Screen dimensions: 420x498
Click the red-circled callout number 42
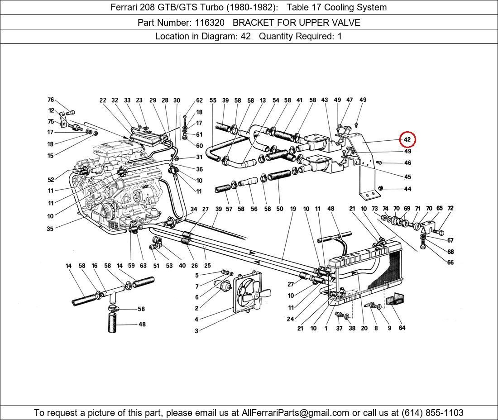[x=407, y=139]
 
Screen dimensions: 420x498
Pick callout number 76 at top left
[x=51, y=100]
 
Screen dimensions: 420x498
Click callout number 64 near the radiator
[x=402, y=328]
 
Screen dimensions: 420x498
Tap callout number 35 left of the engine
[x=50, y=229]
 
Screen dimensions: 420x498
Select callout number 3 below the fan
[x=196, y=331]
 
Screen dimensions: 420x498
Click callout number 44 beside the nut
[x=407, y=189]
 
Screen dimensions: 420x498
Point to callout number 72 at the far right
[x=450, y=208]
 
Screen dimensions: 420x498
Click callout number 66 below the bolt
[x=450, y=262]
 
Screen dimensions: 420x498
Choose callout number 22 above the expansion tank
[x=103, y=100]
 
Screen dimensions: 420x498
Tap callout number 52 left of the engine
[x=51, y=180]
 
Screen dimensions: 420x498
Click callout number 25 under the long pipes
[x=207, y=266]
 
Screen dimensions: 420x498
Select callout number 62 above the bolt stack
[x=199, y=100]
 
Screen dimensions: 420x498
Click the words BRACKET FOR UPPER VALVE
[x=296, y=22]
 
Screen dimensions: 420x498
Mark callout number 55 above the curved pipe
[x=213, y=100]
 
